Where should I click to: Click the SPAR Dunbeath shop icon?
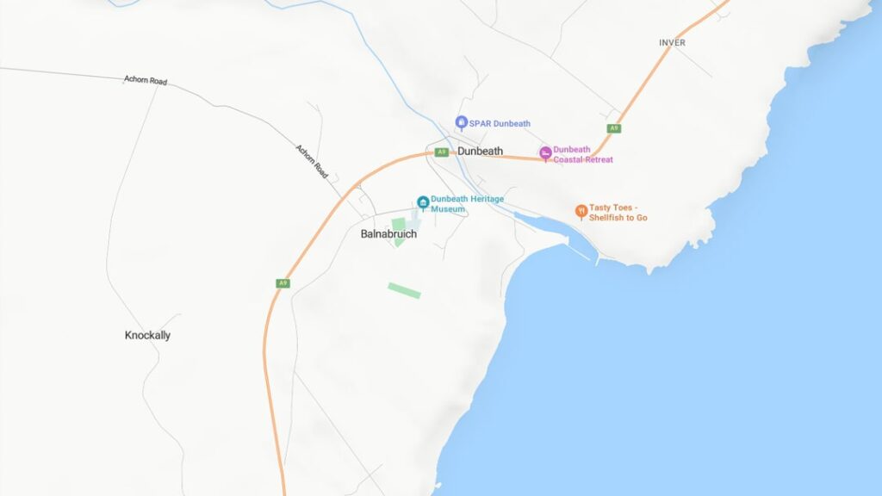coord(462,123)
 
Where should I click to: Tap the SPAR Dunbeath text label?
coord(500,124)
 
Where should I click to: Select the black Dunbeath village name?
coord(480,152)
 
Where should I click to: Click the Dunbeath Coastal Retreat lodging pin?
coord(545,153)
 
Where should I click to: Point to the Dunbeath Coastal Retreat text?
coord(582,155)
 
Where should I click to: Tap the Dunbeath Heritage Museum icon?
coord(423,202)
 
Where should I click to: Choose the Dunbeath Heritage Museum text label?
coord(467,204)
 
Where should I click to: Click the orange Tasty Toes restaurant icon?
coord(581,211)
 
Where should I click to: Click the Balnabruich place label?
coord(388,233)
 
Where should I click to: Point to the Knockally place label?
coord(147,336)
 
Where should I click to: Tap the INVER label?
coord(672,43)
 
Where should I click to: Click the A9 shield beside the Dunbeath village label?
coord(442,152)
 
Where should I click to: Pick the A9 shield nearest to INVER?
coord(613,128)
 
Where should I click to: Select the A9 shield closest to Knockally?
coord(283,283)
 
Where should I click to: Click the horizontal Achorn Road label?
coord(146,80)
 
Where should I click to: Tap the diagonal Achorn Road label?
coord(312,161)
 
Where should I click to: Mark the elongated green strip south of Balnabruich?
coord(404,291)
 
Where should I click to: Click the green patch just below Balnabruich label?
coord(399,230)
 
